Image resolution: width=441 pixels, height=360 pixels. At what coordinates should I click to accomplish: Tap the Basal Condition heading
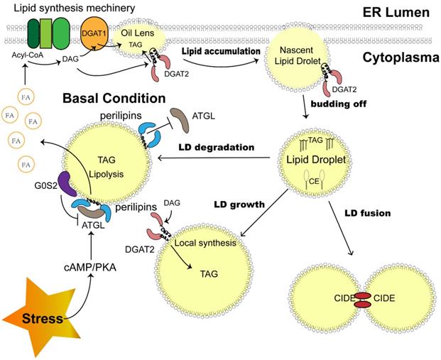(x=114, y=97)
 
